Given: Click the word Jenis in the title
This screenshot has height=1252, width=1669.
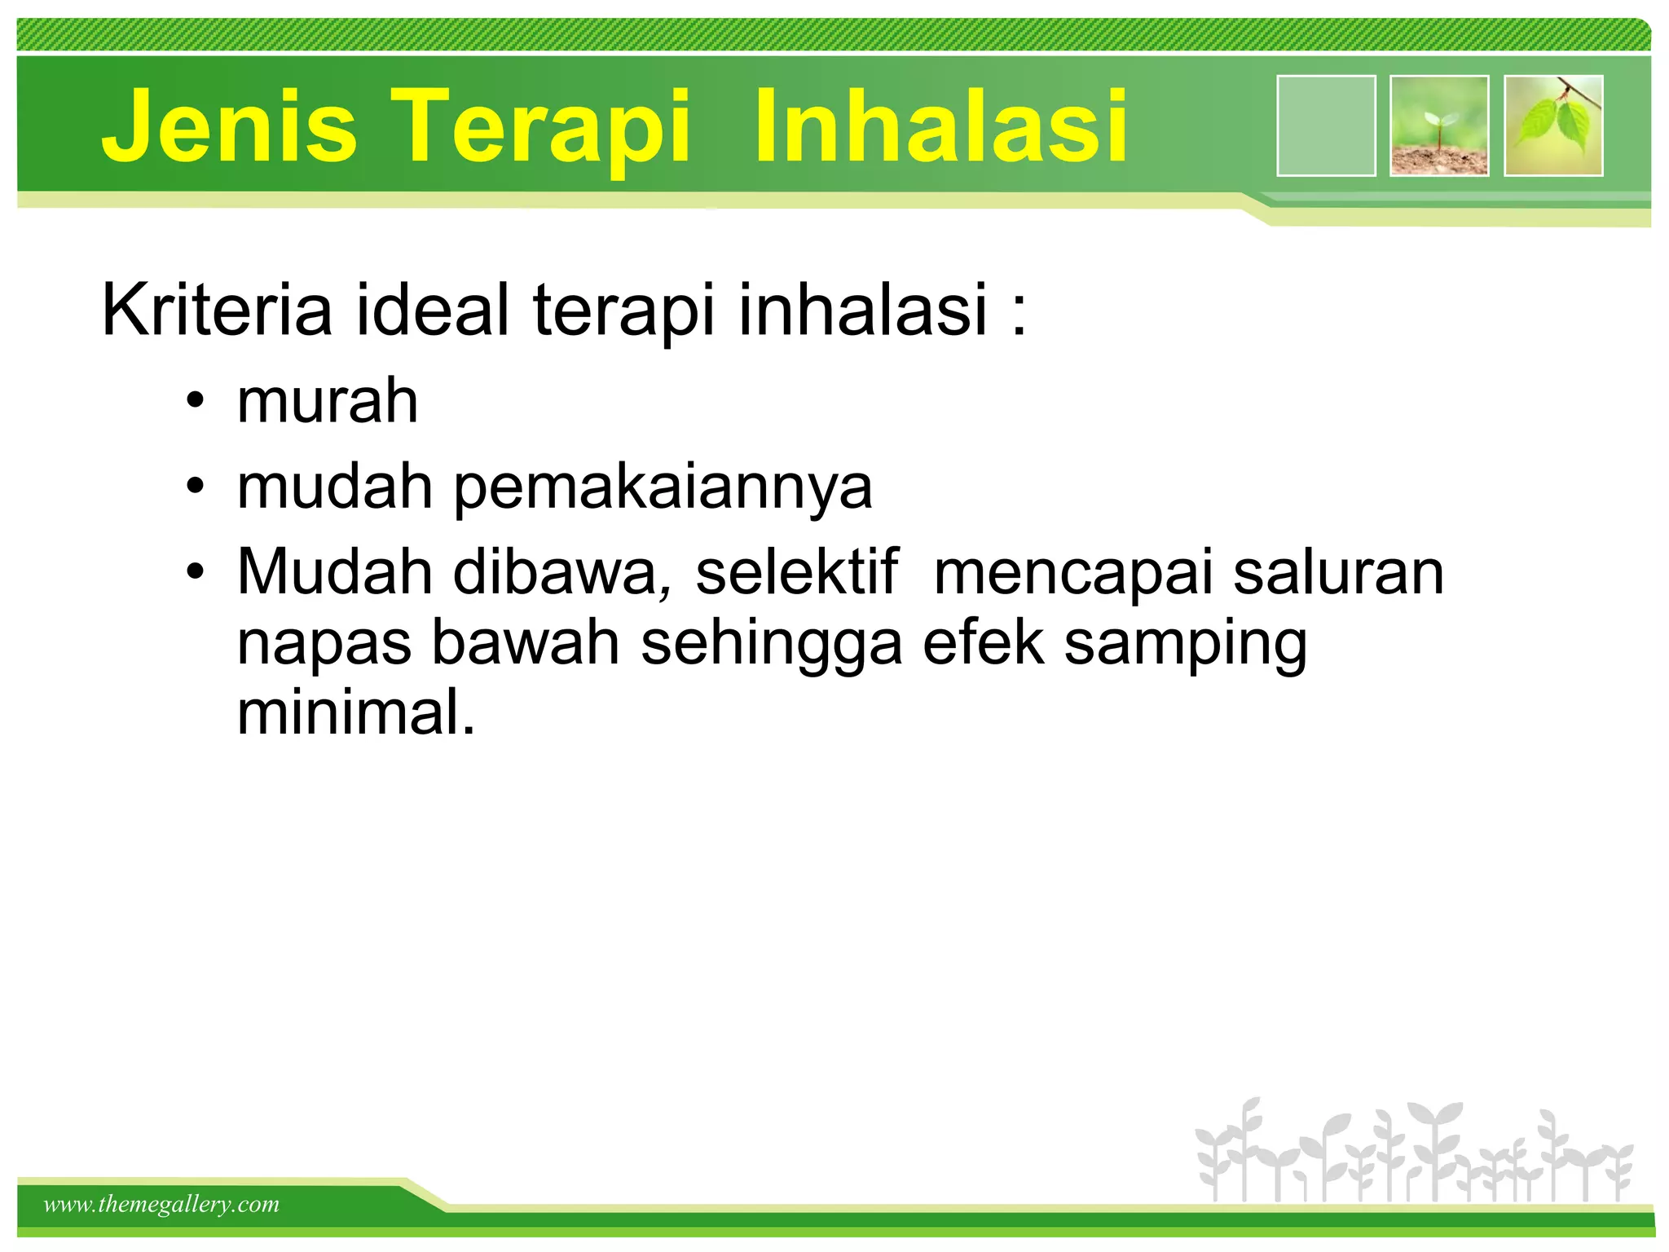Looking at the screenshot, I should click(229, 126).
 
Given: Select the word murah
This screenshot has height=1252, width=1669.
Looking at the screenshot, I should click(328, 401).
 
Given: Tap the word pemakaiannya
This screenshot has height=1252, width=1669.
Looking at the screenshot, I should click(663, 488).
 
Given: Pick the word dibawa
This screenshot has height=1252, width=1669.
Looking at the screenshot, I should click(562, 572).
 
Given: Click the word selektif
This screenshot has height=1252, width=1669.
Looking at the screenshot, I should click(796, 572).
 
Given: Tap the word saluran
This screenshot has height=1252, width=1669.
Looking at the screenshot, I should click(1338, 572).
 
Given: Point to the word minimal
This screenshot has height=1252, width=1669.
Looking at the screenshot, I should click(355, 712).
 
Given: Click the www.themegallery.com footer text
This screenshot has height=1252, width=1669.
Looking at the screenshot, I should click(161, 1204).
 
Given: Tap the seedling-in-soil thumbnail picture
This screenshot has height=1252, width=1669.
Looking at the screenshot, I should click(1439, 126).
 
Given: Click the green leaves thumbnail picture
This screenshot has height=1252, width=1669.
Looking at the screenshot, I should click(1553, 126).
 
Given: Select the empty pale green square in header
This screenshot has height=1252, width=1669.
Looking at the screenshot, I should click(1326, 126).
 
